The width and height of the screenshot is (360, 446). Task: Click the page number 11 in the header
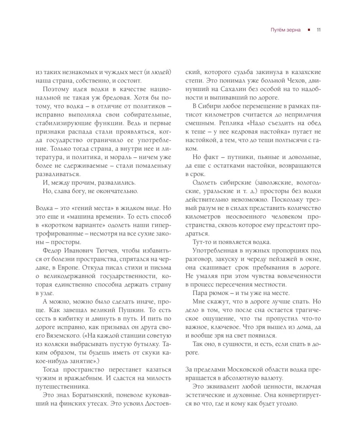319,30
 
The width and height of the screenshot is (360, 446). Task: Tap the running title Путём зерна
286,30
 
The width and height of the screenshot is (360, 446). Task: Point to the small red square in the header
309,30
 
